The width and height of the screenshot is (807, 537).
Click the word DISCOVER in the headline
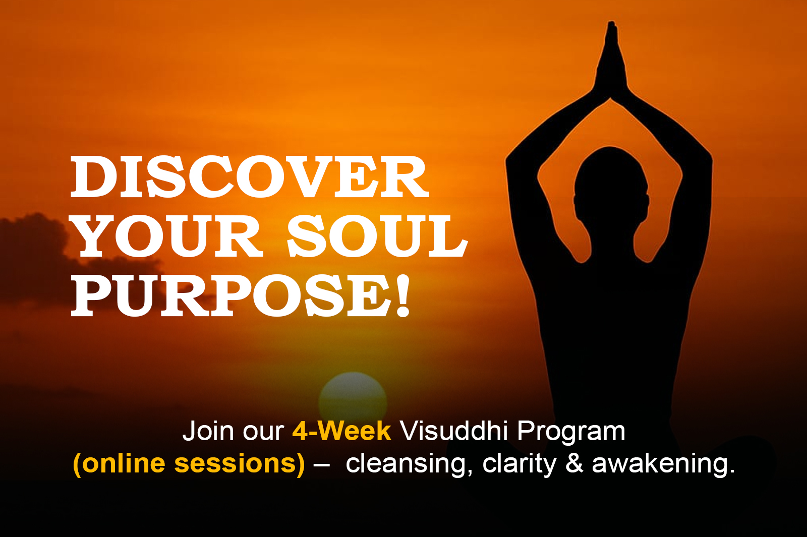[250, 177]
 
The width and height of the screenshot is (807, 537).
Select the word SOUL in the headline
[377, 236]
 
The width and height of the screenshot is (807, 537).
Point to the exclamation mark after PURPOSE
[403, 295]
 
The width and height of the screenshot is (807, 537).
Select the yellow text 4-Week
[341, 431]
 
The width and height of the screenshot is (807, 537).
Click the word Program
[571, 432]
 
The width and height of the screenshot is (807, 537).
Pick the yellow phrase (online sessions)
[189, 463]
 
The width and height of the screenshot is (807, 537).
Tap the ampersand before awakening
[574, 463]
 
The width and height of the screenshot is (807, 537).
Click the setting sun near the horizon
[353, 396]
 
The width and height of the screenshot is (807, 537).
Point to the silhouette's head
[611, 187]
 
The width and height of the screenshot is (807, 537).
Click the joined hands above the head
[611, 61]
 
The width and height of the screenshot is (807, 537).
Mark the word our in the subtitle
[263, 434]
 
